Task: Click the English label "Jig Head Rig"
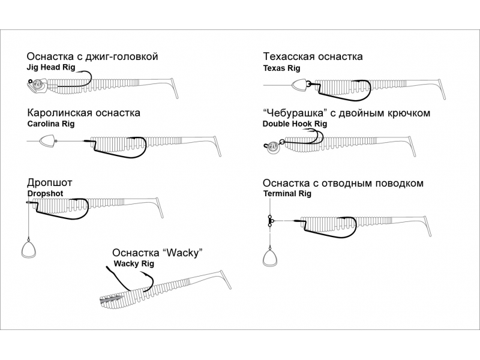pyautogui.click(x=51, y=68)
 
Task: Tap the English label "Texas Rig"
pyautogui.click(x=281, y=68)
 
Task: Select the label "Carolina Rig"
pyautogui.click(x=51, y=124)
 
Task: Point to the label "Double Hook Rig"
pyautogui.click(x=295, y=124)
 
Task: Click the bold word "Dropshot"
pyautogui.click(x=45, y=194)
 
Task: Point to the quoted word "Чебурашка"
pyautogui.click(x=295, y=112)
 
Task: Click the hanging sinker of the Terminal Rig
pyautogui.click(x=271, y=258)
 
